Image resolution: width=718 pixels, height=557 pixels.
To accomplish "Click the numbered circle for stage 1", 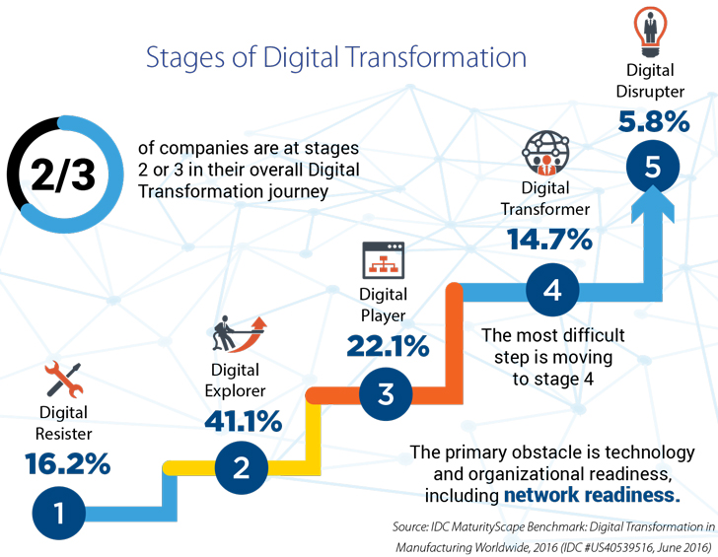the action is pos(58,513).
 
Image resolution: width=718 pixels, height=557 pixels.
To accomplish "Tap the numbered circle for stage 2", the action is pos(242,467).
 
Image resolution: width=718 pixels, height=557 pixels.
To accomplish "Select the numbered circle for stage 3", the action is pos(386,394).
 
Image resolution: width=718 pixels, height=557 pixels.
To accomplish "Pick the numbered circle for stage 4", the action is pos(552,290).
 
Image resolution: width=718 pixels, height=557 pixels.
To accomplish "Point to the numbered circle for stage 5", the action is pos(653,167).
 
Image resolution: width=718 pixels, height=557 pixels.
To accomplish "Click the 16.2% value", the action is pos(68,463).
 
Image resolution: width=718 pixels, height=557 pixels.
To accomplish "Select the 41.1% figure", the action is pos(244,421).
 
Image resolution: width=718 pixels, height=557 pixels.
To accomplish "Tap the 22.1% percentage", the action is pos(388,346).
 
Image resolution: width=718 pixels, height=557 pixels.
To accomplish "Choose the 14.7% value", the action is pos(549,239).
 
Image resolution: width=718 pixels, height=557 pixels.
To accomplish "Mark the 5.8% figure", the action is pos(654,121).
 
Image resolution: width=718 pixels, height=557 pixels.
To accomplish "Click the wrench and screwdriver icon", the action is pos(64,379).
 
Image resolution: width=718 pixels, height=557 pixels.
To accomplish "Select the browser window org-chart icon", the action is pos(384,260).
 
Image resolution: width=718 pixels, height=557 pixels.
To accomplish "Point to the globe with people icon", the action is pos(545,154).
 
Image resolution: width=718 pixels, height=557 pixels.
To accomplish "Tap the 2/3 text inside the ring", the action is pos(63,175).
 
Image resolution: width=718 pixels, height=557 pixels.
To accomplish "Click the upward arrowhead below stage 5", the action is pos(653,204).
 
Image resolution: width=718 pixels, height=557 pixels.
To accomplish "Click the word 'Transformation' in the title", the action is pos(435,57).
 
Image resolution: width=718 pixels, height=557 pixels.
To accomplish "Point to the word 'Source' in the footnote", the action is pos(409,526).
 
